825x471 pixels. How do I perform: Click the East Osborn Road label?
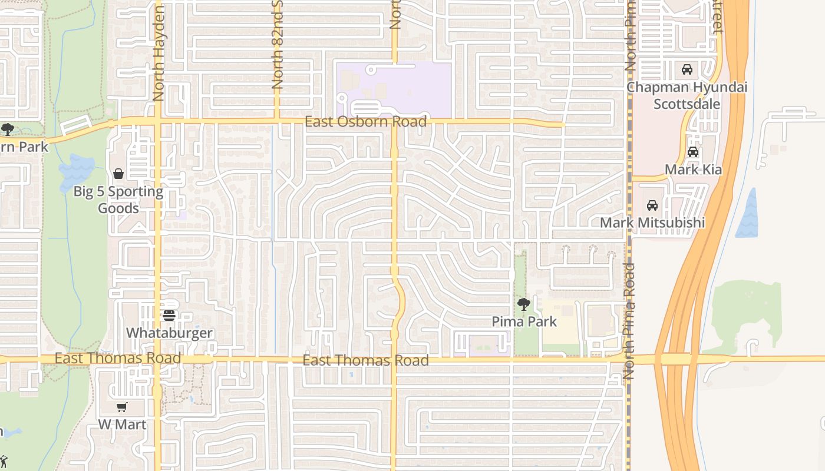365,122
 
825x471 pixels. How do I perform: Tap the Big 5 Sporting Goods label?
118,200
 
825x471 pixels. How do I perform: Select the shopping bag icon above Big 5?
118,174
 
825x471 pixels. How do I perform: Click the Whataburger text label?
169,333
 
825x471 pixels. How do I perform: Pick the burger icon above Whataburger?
169,315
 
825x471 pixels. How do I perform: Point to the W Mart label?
122,424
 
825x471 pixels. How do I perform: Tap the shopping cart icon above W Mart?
122,407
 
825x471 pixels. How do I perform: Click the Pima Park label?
524,322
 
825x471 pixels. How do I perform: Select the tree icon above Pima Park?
523,304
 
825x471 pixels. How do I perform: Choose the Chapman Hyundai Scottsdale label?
687,95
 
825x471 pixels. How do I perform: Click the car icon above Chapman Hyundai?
687,69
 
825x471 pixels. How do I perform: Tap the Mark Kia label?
693,170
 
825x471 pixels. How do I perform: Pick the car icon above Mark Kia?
693,152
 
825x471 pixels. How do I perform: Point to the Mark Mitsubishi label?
652,223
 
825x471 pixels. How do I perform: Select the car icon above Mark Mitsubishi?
652,205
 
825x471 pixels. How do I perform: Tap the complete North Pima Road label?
629,321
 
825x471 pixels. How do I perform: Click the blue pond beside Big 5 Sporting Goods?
76,173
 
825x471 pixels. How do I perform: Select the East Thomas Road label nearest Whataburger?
118,358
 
